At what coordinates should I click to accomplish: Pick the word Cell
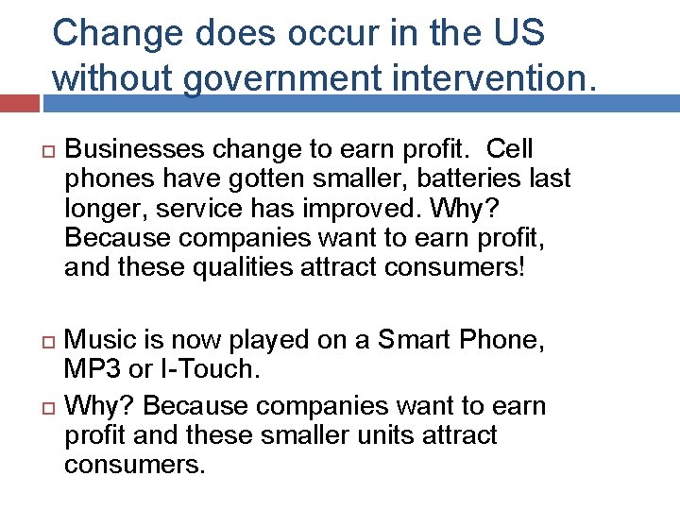point(512,149)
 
